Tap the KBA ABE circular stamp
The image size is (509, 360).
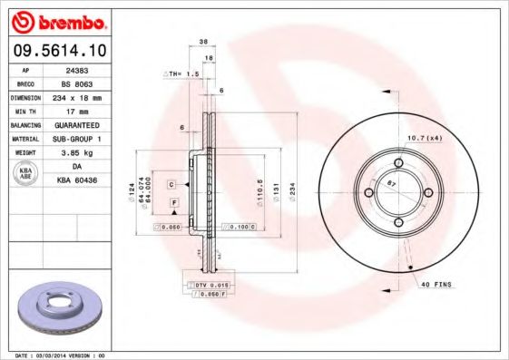(26, 173)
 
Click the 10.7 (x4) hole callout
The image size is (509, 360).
(423, 137)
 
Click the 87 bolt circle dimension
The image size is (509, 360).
(392, 183)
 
